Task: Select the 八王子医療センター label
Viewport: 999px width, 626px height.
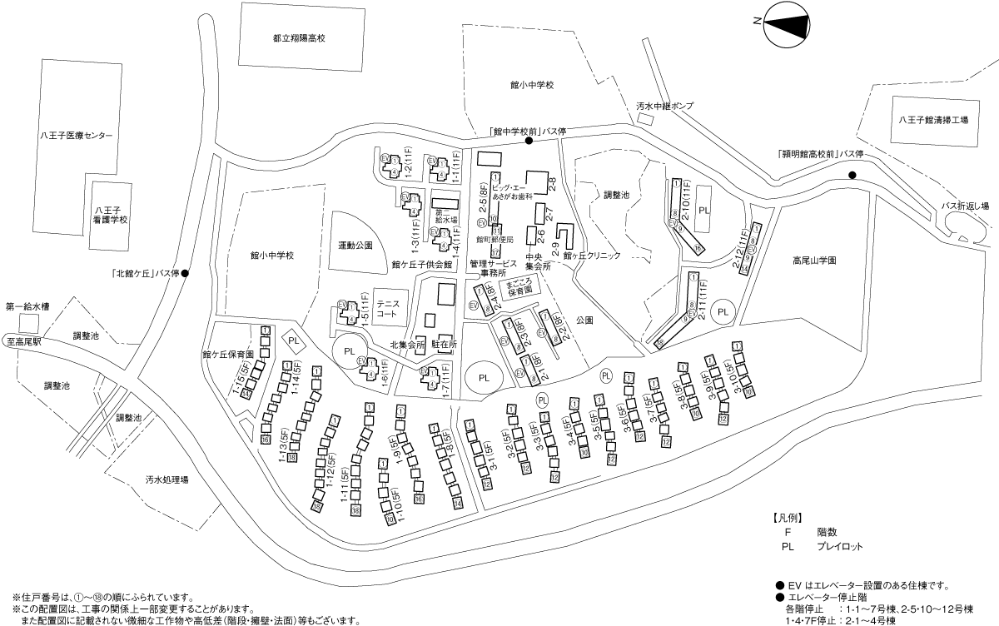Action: [76, 135]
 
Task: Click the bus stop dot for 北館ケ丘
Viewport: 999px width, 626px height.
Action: [186, 273]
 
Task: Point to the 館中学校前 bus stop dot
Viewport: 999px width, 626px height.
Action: [529, 141]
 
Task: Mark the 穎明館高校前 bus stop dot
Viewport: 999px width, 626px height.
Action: [852, 175]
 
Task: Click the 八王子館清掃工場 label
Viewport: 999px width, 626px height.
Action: [933, 120]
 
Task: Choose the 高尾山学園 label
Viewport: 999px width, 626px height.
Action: [813, 260]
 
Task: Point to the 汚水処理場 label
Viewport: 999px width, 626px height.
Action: [166, 480]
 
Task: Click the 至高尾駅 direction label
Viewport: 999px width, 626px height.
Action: [25, 341]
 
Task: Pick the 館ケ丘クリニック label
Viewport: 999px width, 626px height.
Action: [592, 256]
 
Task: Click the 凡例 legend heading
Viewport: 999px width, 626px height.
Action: [787, 517]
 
